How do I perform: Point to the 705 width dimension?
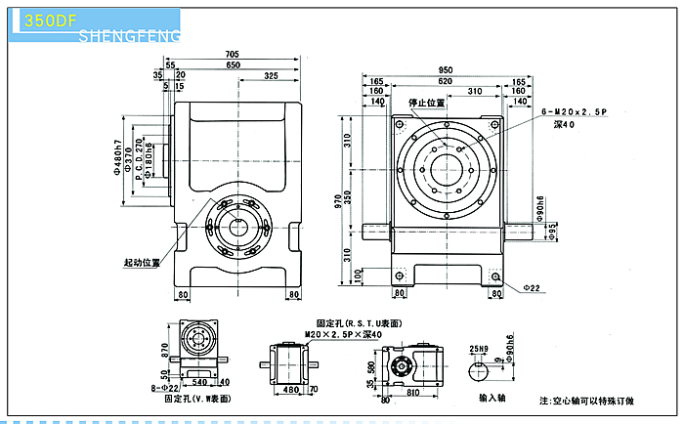tap(232, 54)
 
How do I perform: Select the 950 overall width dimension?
tap(447, 71)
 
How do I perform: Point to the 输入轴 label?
tap(492, 399)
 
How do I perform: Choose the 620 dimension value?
tap(447, 82)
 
